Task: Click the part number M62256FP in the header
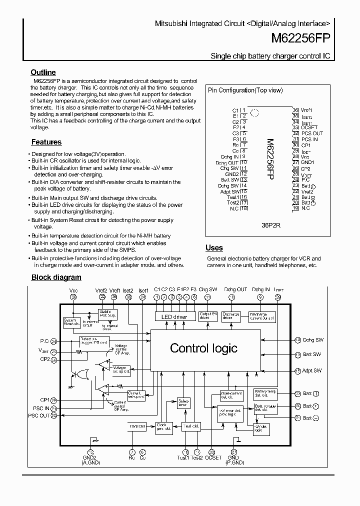[x=300, y=38]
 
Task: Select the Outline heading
[x=43, y=72]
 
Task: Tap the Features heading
[x=46, y=142]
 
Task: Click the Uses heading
[x=214, y=248]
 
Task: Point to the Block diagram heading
[x=56, y=277]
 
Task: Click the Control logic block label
[x=203, y=348]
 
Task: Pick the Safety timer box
[x=183, y=402]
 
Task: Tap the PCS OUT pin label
[x=312, y=133]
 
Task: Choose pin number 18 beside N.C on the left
[x=244, y=208]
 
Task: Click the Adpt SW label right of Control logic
[x=312, y=370]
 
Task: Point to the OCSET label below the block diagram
[x=213, y=457]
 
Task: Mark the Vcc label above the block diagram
[x=73, y=289]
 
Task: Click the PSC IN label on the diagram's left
[x=39, y=408]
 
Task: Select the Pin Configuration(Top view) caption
[x=245, y=90]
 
